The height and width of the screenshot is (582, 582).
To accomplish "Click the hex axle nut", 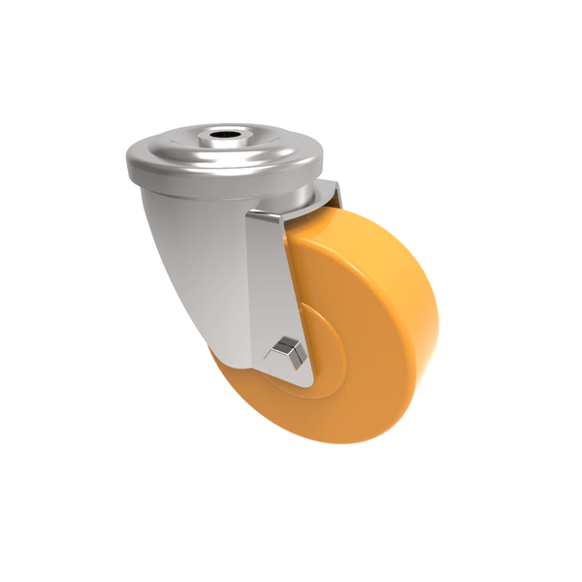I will tap(288, 351).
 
